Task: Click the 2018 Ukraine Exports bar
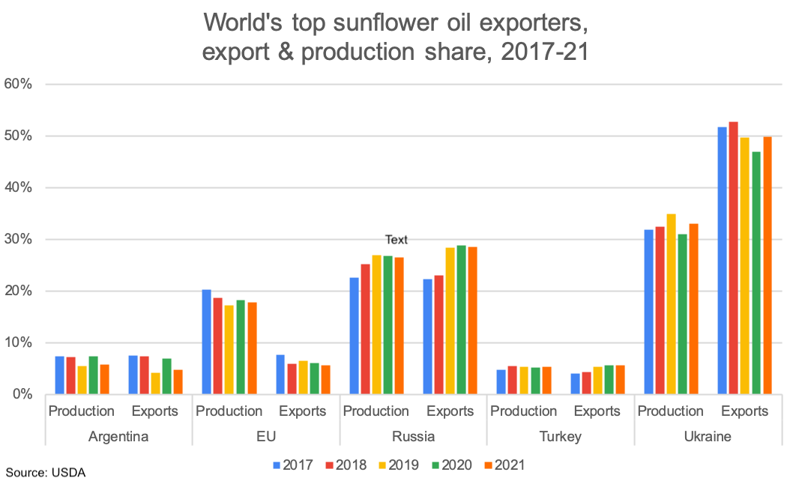click(733, 258)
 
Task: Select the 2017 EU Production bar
click(206, 342)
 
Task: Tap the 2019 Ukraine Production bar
click(671, 304)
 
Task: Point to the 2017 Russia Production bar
click(354, 336)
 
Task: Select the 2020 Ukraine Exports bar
click(756, 273)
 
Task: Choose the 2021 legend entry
click(500, 465)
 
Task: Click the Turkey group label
click(561, 436)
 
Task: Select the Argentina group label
click(118, 436)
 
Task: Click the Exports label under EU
click(303, 411)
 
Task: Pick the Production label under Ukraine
click(670, 411)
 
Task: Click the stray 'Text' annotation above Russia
click(396, 240)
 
